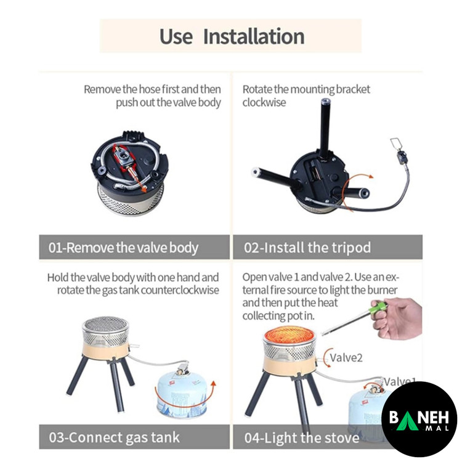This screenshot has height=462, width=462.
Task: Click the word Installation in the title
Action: (254, 36)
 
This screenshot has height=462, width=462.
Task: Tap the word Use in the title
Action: (176, 36)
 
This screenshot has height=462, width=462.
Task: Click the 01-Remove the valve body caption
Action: (123, 248)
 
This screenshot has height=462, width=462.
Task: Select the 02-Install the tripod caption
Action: (307, 248)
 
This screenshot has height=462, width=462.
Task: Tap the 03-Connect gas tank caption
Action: (115, 437)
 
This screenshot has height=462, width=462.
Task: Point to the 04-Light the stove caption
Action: (302, 437)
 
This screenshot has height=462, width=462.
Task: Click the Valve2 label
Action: (346, 358)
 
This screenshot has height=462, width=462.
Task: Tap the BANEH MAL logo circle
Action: (419, 419)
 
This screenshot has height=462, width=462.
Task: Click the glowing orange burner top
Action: (290, 335)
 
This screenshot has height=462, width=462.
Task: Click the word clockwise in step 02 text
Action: (264, 102)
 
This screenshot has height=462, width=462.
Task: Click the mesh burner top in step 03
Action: (106, 324)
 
